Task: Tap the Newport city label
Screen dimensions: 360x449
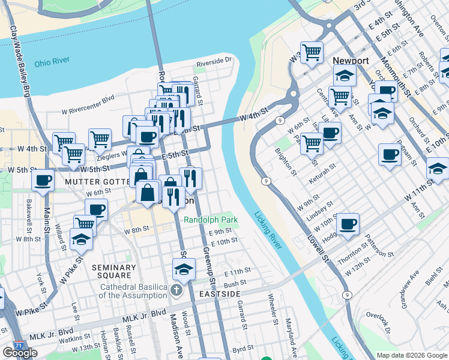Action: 351,61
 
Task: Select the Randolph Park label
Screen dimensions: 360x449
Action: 207,220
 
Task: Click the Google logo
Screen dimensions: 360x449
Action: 20,353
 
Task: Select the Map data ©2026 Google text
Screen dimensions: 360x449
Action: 411,355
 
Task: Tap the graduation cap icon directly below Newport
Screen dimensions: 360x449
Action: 345,75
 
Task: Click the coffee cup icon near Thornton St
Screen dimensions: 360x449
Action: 348,224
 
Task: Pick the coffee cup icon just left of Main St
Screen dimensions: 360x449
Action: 42,179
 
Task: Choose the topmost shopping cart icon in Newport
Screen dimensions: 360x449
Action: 312,52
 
